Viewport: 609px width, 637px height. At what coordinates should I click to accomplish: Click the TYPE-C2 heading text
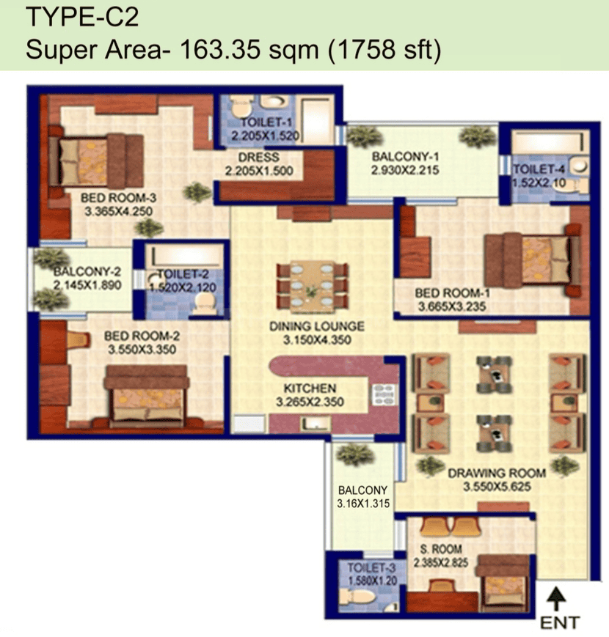coord(82,17)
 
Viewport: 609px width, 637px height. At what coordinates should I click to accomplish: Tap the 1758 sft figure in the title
coord(384,50)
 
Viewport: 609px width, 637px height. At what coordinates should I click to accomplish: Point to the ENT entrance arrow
coord(556,598)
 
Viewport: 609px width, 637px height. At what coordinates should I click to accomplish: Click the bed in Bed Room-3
coord(96,161)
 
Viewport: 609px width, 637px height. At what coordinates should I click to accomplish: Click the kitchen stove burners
coord(383,395)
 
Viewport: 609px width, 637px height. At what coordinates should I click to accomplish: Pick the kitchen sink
coord(315,424)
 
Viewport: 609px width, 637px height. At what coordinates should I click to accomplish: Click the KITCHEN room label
coord(310,388)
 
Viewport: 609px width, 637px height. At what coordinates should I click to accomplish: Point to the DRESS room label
coord(258,157)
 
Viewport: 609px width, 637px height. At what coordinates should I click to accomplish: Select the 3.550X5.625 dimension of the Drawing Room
coord(497,486)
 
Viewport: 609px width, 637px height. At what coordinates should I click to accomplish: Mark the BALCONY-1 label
coord(406,156)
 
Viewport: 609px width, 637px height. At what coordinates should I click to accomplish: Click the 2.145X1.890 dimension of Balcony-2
coord(87,285)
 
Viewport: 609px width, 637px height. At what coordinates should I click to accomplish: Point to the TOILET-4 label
coord(539,169)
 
